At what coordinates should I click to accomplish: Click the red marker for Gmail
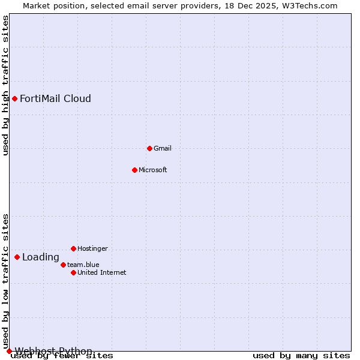pyautogui.click(x=149, y=148)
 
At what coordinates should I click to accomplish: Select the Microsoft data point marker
pyautogui.click(x=134, y=170)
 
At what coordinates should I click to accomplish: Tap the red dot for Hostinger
pyautogui.click(x=73, y=248)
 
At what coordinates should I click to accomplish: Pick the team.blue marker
pyautogui.click(x=63, y=265)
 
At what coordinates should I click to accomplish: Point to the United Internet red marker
pyautogui.click(x=73, y=272)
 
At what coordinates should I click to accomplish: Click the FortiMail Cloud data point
pyautogui.click(x=14, y=98)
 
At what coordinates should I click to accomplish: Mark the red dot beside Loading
pyautogui.click(x=17, y=257)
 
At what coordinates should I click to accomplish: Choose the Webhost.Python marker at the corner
pyautogui.click(x=9, y=351)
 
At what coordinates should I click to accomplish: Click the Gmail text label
pyautogui.click(x=163, y=148)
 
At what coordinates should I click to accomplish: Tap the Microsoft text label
pyautogui.click(x=153, y=170)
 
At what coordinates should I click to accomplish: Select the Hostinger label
pyautogui.click(x=92, y=248)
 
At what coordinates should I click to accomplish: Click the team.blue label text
pyautogui.click(x=83, y=265)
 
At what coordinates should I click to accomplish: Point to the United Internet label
pyautogui.click(x=102, y=272)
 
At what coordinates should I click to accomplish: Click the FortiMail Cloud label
pyautogui.click(x=55, y=98)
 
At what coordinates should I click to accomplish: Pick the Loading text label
pyautogui.click(x=41, y=257)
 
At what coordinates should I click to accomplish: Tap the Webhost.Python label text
pyautogui.click(x=53, y=351)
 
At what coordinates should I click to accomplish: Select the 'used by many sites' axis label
pyautogui.click(x=301, y=356)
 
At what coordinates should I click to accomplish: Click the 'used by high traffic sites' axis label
pyautogui.click(x=5, y=85)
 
